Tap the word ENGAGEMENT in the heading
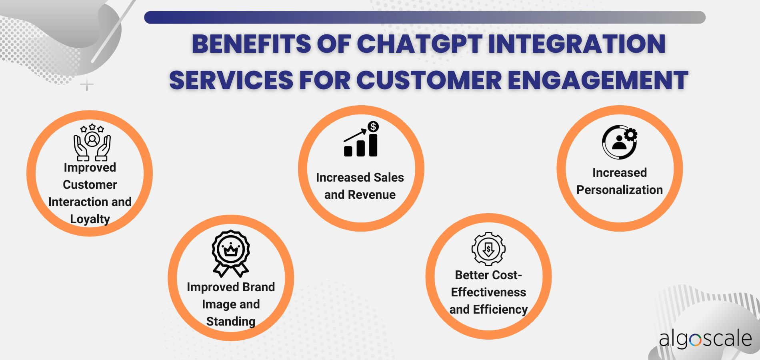598,80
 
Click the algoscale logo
705,339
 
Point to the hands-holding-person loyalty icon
92,142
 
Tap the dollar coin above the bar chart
373,127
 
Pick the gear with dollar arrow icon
488,249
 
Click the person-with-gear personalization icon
620,142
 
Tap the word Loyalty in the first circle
90,219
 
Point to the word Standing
231,322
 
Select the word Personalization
620,190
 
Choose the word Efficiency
500,310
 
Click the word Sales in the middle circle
389,178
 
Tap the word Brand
258,287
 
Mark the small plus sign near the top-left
87,85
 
